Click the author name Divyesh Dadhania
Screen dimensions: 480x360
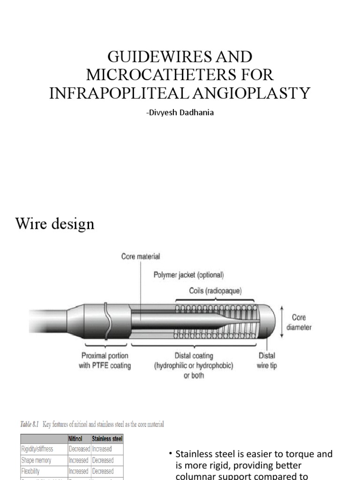pyautogui.click(x=180, y=112)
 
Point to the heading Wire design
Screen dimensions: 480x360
pyautogui.click(x=55, y=224)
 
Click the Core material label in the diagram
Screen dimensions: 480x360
pyautogui.click(x=141, y=256)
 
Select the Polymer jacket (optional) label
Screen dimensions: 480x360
pyautogui.click(x=189, y=275)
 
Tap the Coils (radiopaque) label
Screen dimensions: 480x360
pyautogui.click(x=216, y=291)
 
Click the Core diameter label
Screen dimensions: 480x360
pyautogui.click(x=299, y=322)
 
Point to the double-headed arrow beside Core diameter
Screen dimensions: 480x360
pyautogui.click(x=281, y=322)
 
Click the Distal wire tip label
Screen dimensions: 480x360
pyautogui.click(x=266, y=360)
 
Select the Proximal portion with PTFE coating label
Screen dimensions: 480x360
pyautogui.click(x=105, y=360)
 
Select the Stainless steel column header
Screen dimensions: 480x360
pyautogui.click(x=107, y=439)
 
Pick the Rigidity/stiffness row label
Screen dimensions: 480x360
pyautogui.click(x=37, y=449)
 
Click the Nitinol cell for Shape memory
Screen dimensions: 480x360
pyautogui.click(x=79, y=460)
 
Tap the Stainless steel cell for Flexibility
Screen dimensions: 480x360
pyautogui.click(x=103, y=471)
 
